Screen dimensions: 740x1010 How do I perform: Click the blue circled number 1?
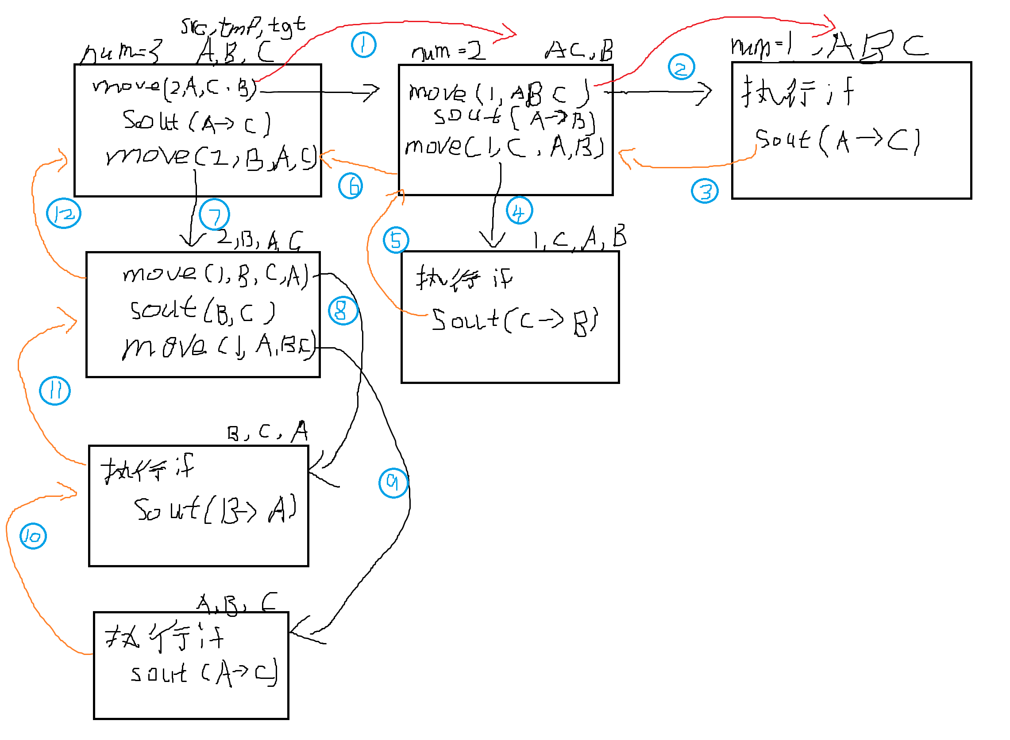click(x=363, y=45)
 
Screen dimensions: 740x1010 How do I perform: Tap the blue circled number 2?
click(x=681, y=68)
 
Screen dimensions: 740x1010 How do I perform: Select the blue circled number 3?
click(x=705, y=191)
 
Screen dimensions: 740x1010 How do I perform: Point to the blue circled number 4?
click(x=519, y=210)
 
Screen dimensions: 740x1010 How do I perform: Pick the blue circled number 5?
click(x=396, y=240)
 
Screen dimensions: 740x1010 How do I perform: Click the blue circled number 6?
click(x=351, y=186)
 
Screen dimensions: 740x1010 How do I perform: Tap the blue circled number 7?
click(x=215, y=215)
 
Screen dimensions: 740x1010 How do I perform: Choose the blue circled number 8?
click(x=343, y=310)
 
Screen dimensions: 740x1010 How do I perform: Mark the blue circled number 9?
click(x=393, y=483)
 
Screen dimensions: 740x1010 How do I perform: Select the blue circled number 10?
click(x=33, y=536)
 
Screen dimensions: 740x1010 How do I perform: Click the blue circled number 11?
click(x=54, y=391)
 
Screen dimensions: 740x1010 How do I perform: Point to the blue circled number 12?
click(x=64, y=213)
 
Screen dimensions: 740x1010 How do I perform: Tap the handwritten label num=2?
click(x=448, y=51)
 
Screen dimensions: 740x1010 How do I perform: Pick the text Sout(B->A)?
click(x=215, y=510)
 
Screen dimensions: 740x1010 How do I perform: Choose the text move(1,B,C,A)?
click(x=215, y=274)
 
